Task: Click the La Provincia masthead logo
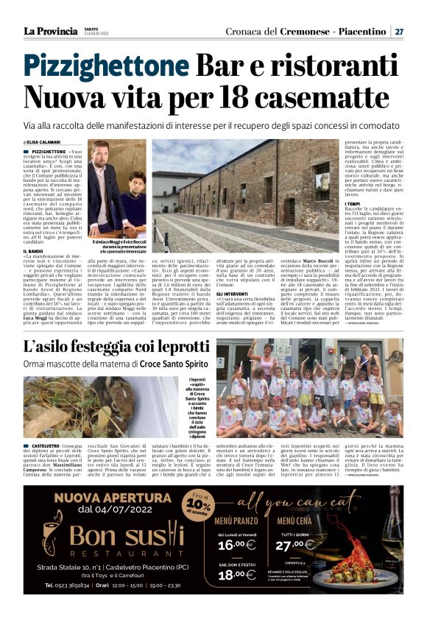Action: click(49, 31)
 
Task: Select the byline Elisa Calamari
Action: click(46, 141)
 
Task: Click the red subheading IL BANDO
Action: click(35, 251)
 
